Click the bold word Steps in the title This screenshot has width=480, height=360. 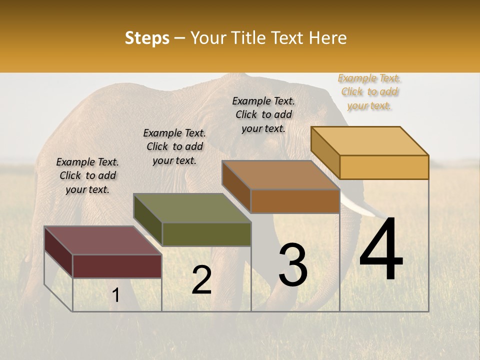tap(147, 38)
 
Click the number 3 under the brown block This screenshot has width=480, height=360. tap(293, 264)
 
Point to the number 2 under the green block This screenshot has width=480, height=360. tap(202, 280)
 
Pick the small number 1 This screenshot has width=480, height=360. tap(116, 295)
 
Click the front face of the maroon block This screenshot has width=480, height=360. tap(117, 266)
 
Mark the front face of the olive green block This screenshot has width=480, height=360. tap(206, 234)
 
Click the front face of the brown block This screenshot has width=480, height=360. tap(295, 201)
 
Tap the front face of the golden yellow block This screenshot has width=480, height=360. tap(384, 167)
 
